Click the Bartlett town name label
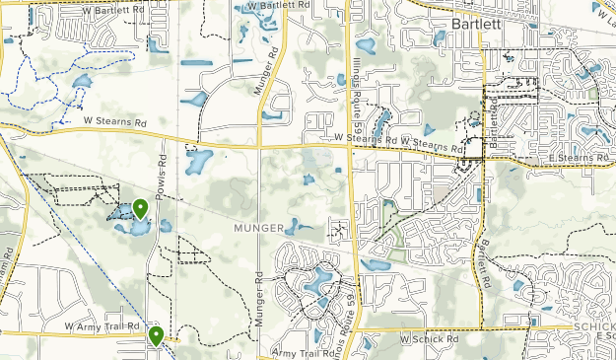click(x=478, y=23)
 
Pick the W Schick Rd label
click(x=430, y=338)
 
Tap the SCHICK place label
click(x=593, y=326)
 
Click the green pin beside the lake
click(x=141, y=208)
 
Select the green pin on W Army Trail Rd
click(x=156, y=335)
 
